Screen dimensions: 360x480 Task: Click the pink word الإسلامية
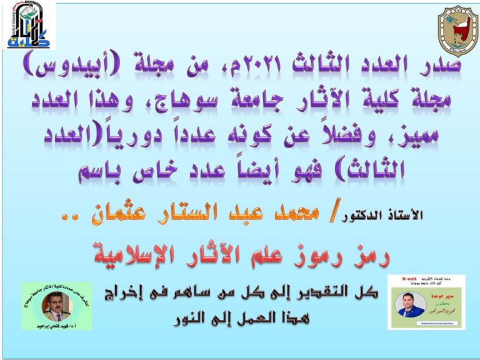pos(144,254)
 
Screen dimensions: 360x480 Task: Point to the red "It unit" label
pos(409,281)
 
